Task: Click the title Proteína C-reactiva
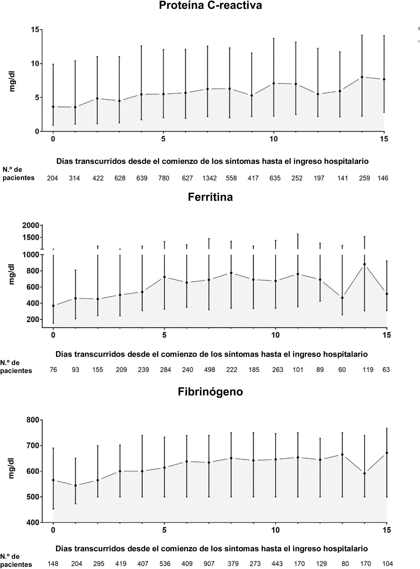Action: pyautogui.click(x=210, y=5)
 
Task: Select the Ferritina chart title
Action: pyautogui.click(x=210, y=197)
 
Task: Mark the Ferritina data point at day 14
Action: pyautogui.click(x=365, y=264)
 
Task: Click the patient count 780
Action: pyautogui.click(x=164, y=178)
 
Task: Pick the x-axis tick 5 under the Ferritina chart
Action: pyautogui.click(x=164, y=335)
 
